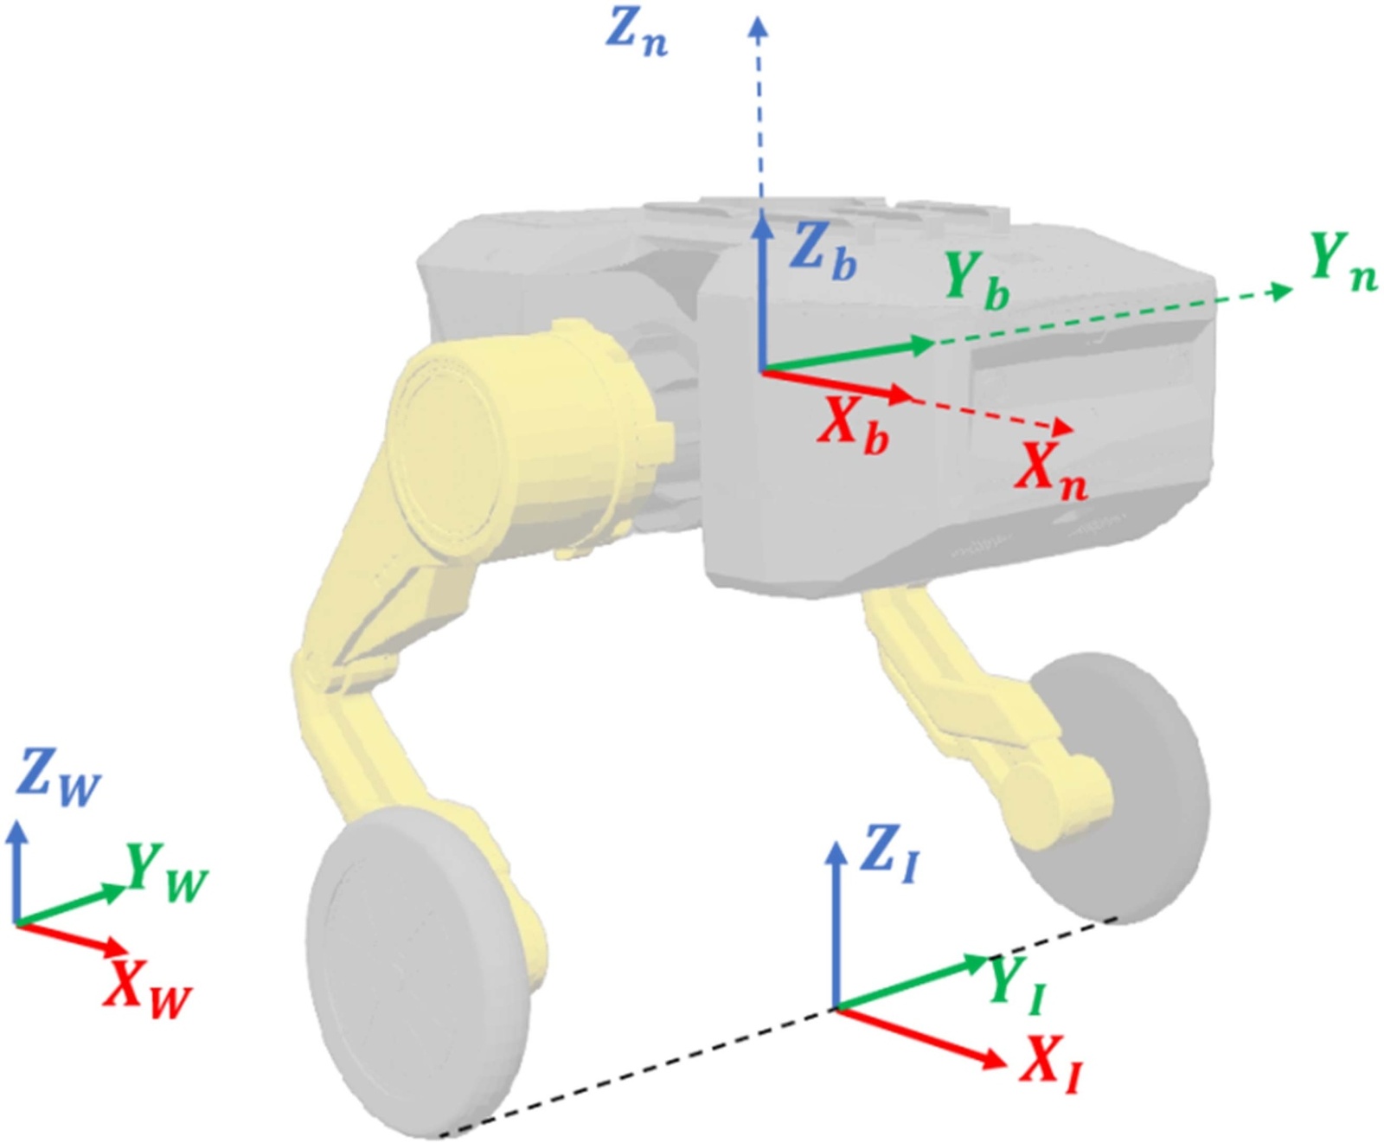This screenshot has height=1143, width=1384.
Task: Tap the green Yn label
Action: (x=1342, y=260)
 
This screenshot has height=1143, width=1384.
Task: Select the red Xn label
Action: (x=1052, y=471)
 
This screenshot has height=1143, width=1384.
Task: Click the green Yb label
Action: (x=977, y=281)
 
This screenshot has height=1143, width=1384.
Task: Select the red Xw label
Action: (x=147, y=990)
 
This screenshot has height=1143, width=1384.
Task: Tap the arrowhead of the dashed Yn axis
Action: (x=1283, y=291)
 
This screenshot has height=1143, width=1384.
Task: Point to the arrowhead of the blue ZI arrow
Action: (x=835, y=852)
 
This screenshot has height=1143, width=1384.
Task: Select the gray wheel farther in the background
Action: (x=1124, y=779)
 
